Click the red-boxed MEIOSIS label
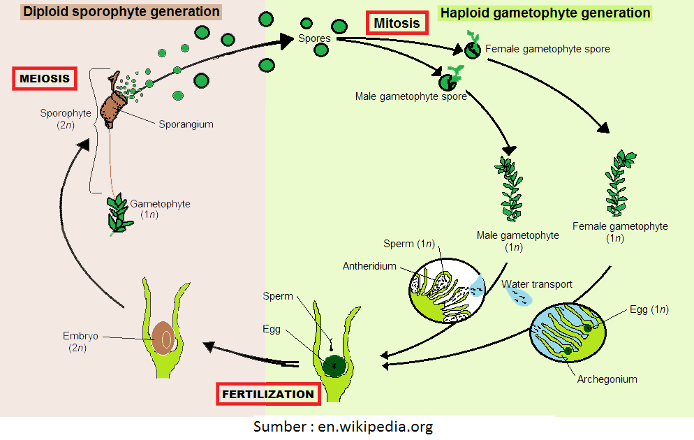45,78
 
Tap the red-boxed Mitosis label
397,23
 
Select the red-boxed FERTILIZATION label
268,394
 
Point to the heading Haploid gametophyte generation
545,13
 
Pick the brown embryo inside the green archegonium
164,337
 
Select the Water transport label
537,284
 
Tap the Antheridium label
369,266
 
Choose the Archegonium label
607,379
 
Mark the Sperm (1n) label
408,244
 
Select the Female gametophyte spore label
547,49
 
